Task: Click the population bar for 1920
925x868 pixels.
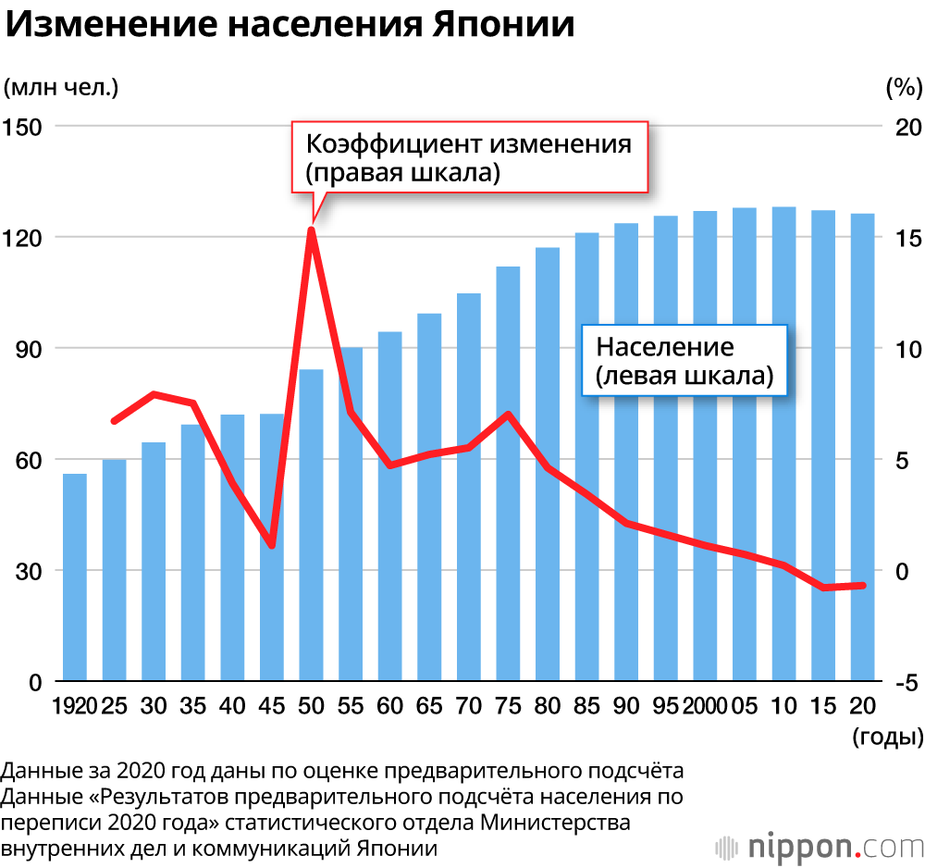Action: (75, 577)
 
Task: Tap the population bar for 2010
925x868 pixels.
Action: (784, 444)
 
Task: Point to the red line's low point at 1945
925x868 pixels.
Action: (272, 545)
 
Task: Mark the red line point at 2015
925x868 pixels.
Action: (823, 588)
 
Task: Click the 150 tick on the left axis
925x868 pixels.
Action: (24, 127)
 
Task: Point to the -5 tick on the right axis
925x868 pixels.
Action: (906, 683)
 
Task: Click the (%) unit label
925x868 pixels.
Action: (904, 88)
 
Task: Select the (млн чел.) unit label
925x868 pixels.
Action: (61, 88)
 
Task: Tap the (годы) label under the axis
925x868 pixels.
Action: (887, 738)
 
